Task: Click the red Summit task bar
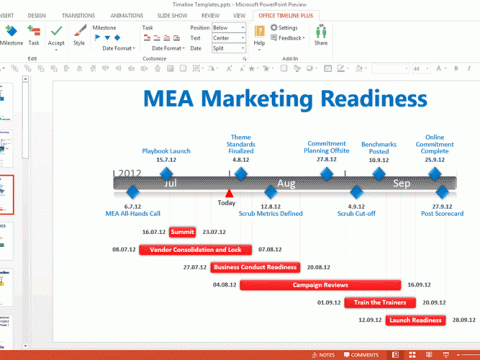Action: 182,231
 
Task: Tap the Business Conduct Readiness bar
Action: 255,267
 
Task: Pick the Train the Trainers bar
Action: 380,302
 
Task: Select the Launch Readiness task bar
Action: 414,320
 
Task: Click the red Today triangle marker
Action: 228,192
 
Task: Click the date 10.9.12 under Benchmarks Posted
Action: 378,159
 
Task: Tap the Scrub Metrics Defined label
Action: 271,213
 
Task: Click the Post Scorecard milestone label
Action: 440,213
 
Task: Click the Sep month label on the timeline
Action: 401,183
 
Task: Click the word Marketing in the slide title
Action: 263,99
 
